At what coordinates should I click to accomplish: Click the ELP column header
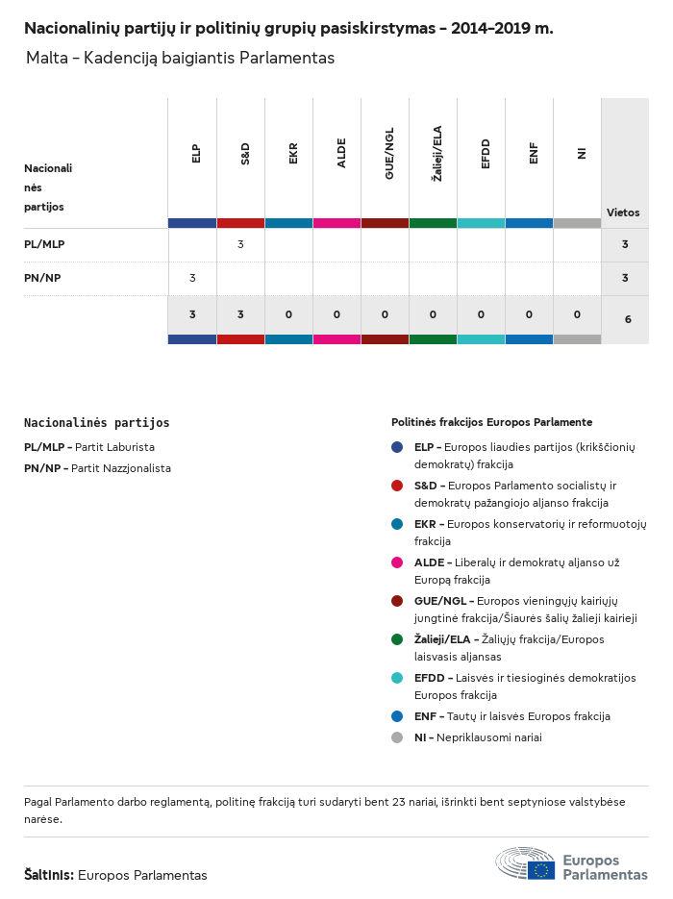(196, 154)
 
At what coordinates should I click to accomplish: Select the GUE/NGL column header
(389, 154)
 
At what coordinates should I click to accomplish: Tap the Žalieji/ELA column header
(436, 154)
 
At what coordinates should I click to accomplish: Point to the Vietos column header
(623, 212)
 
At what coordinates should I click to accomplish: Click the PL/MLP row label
(44, 244)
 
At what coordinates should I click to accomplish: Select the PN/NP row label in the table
(42, 278)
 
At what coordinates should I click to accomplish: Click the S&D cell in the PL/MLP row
(240, 244)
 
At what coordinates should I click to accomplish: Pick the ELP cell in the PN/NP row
(192, 278)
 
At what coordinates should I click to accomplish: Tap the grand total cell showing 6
(628, 319)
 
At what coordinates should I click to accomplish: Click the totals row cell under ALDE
(337, 314)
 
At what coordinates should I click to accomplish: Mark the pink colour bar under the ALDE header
(337, 223)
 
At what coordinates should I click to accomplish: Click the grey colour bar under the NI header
(577, 223)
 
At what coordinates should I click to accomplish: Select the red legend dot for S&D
(397, 486)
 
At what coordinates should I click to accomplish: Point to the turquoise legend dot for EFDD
(397, 678)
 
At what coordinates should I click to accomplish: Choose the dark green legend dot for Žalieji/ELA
(397, 639)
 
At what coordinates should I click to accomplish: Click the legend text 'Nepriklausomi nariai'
(489, 737)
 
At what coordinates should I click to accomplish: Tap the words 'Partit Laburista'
(114, 447)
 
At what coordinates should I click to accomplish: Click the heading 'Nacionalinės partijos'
(97, 422)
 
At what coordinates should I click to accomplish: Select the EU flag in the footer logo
(541, 870)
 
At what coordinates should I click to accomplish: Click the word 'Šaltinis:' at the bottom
(49, 875)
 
